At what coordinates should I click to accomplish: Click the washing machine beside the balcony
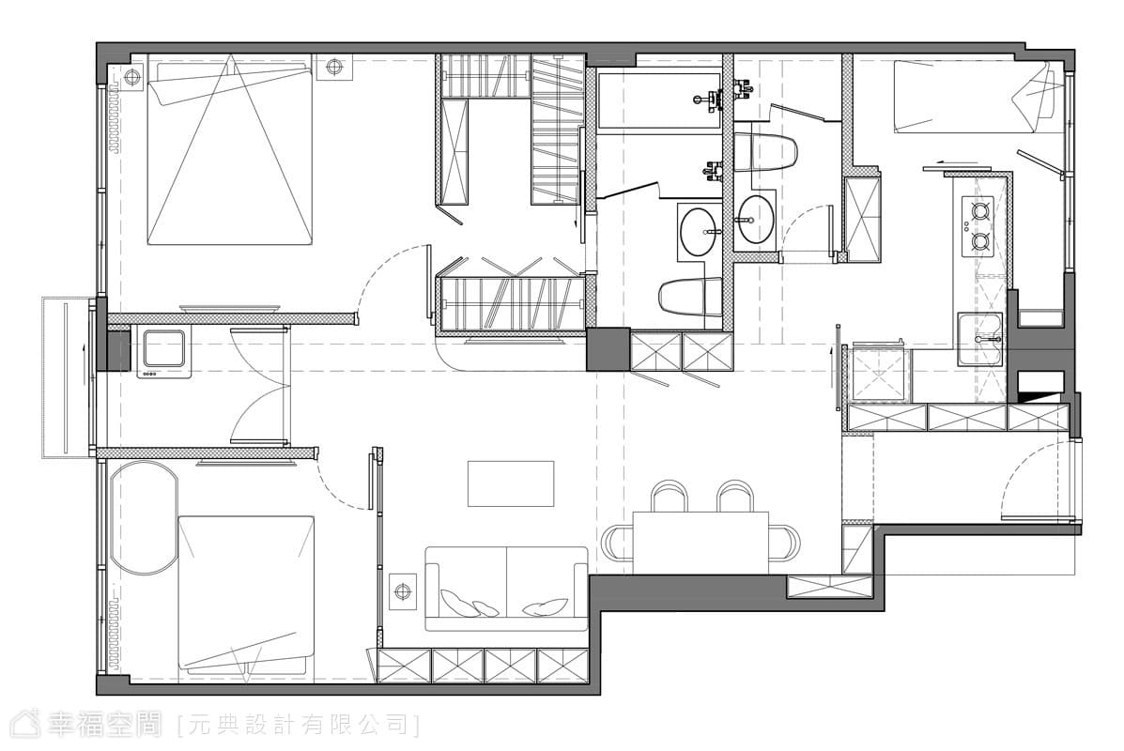click(x=162, y=353)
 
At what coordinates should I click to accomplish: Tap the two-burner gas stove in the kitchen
click(x=979, y=225)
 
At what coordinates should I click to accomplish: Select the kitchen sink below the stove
click(x=980, y=338)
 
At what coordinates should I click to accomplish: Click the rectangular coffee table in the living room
click(x=511, y=483)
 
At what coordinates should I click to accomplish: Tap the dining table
click(x=701, y=543)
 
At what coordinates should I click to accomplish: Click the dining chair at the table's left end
click(x=618, y=543)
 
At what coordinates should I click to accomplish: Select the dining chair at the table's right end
click(x=783, y=543)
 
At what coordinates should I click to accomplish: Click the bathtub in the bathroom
click(x=659, y=100)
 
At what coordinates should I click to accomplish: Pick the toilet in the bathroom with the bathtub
click(x=690, y=297)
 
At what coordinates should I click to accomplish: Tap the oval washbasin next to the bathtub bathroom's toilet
click(x=699, y=232)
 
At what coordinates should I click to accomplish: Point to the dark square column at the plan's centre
click(x=608, y=349)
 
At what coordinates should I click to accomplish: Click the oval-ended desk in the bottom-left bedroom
click(x=144, y=516)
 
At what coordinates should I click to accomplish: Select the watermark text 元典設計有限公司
click(x=299, y=725)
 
